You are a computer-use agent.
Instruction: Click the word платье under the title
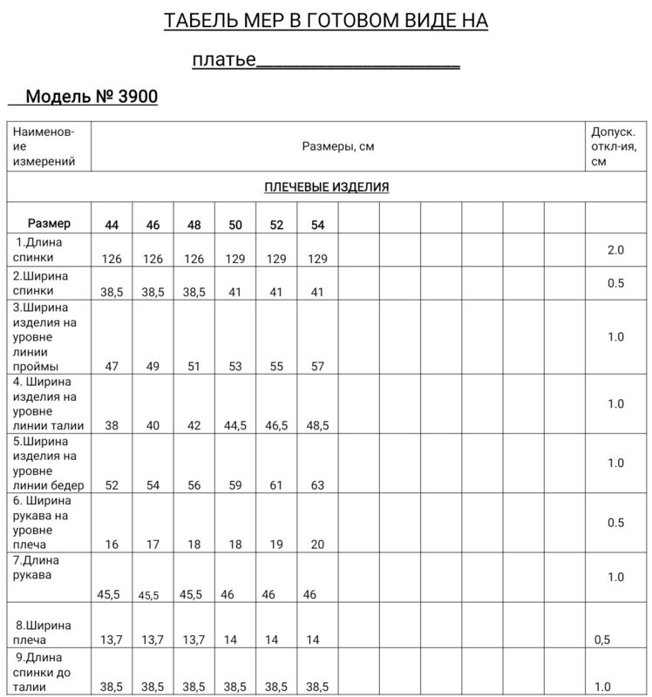[x=223, y=61]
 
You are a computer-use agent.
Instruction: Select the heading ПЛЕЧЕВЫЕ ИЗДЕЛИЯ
[x=326, y=187]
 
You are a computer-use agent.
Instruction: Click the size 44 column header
[x=112, y=225]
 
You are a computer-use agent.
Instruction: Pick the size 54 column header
[x=317, y=225]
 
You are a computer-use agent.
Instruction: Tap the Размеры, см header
[x=338, y=146]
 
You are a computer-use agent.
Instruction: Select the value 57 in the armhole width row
[x=317, y=367]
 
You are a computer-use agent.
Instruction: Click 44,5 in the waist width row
[x=235, y=426]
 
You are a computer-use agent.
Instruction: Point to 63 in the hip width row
[x=317, y=485]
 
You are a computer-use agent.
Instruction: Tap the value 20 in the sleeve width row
[x=317, y=545]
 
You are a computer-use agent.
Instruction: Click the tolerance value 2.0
[x=615, y=250]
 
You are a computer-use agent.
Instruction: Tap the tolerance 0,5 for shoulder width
[x=601, y=639]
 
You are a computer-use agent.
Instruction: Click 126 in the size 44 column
[x=112, y=259]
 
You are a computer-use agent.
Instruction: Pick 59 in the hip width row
[x=235, y=485]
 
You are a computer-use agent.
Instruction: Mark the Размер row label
[x=49, y=224]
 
